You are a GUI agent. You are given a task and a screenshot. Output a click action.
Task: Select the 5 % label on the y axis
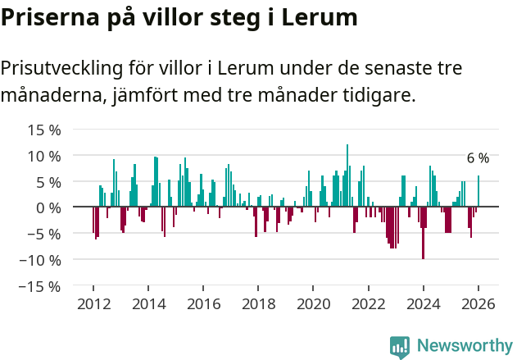(x=48, y=182)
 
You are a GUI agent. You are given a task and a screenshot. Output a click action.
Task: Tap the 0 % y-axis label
(x=48, y=207)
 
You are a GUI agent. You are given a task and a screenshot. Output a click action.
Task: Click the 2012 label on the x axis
(x=93, y=304)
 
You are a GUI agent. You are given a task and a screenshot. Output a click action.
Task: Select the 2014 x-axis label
(x=148, y=304)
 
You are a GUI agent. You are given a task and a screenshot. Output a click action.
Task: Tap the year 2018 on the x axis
(x=258, y=304)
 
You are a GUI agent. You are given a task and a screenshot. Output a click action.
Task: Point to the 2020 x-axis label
(x=313, y=304)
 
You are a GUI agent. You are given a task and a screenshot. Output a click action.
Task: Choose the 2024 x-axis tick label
(x=424, y=304)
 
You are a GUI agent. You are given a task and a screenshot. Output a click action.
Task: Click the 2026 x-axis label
(x=478, y=304)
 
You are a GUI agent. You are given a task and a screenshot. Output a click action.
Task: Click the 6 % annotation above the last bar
(x=478, y=158)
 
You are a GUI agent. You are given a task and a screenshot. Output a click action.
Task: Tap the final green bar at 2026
(x=478, y=192)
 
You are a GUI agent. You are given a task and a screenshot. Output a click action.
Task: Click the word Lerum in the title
(x=320, y=18)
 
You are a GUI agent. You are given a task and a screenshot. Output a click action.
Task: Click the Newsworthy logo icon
(x=400, y=347)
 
